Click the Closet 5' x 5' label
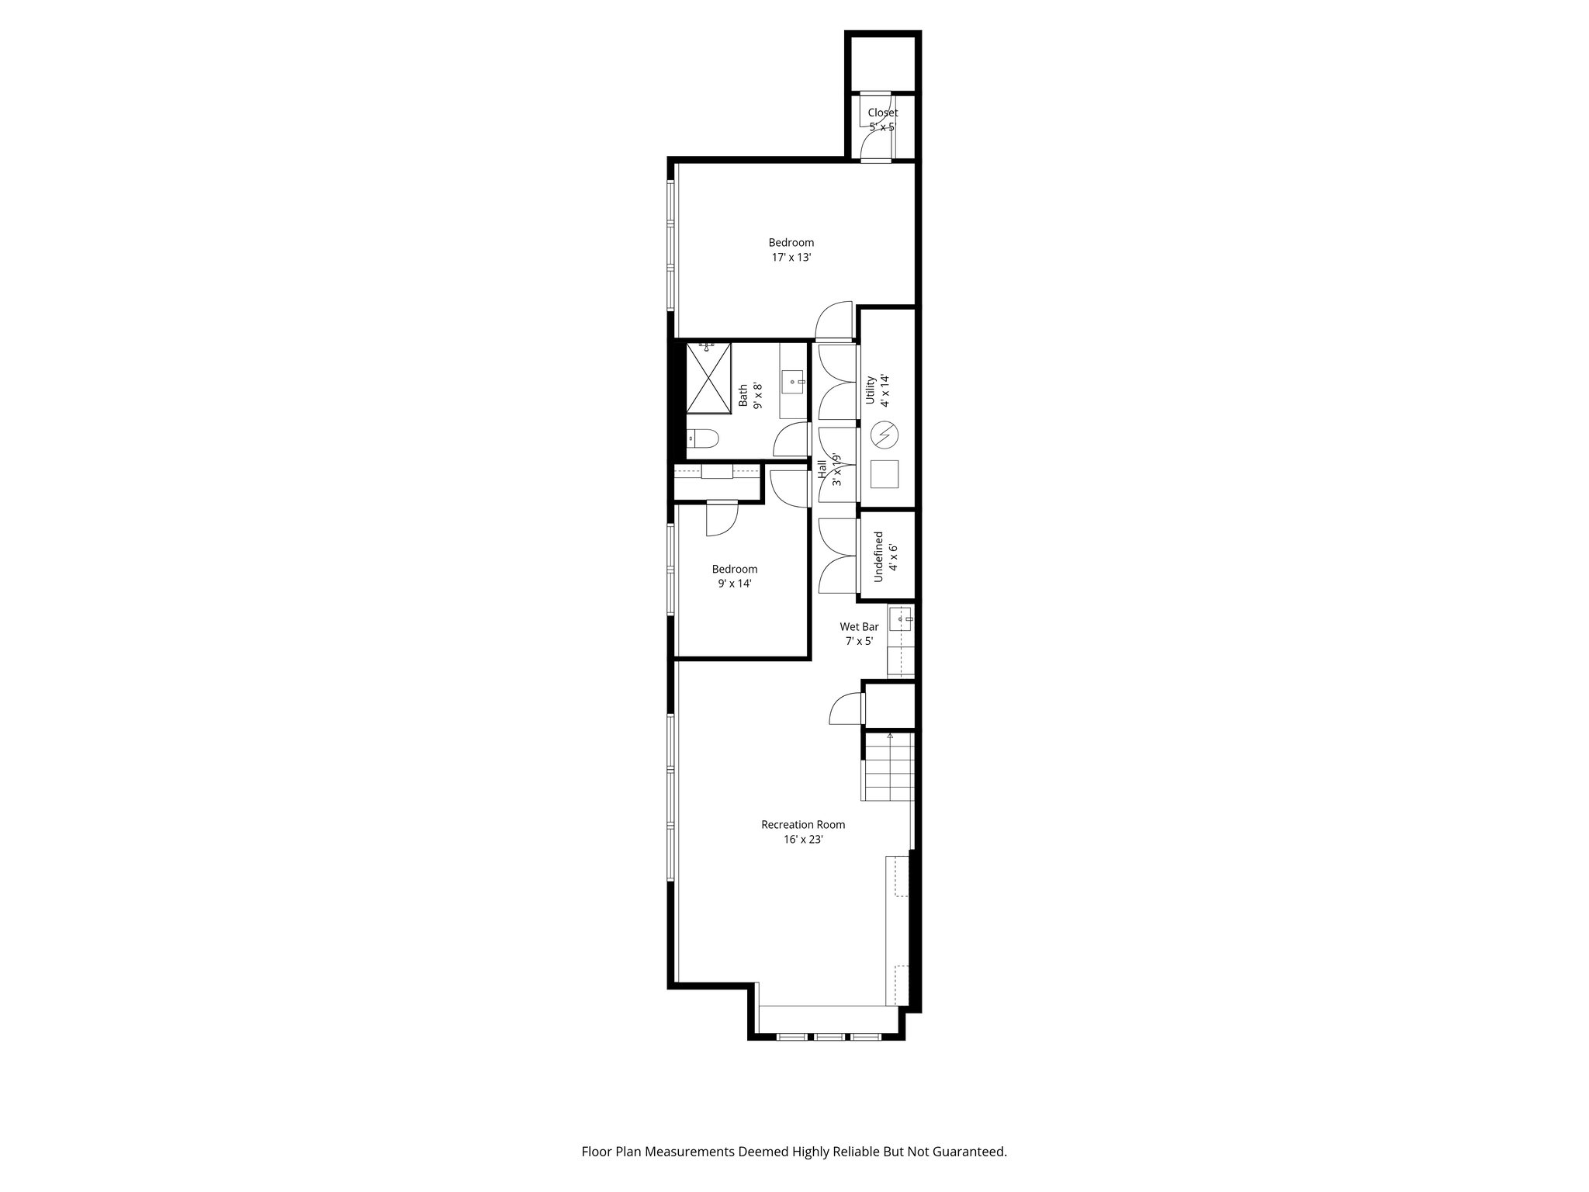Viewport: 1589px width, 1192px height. (883, 120)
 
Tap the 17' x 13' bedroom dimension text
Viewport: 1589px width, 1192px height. (791, 258)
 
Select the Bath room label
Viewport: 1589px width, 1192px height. (743, 395)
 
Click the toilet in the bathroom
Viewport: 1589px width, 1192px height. (704, 440)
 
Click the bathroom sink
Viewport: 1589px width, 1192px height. (793, 382)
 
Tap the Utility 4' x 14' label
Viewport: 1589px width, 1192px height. (877, 390)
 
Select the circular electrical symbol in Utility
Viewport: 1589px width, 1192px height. (884, 435)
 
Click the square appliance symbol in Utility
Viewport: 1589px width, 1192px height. (884, 474)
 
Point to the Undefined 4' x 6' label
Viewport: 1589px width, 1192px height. (885, 556)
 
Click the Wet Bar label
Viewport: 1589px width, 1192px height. (859, 626)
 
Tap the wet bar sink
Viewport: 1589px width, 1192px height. (902, 619)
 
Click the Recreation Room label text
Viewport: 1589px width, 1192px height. (803, 825)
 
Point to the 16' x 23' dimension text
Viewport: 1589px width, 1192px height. (803, 839)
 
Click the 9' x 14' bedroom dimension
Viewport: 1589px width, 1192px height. (734, 584)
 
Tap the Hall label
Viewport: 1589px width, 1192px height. (822, 472)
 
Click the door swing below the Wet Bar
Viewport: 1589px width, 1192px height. (846, 709)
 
